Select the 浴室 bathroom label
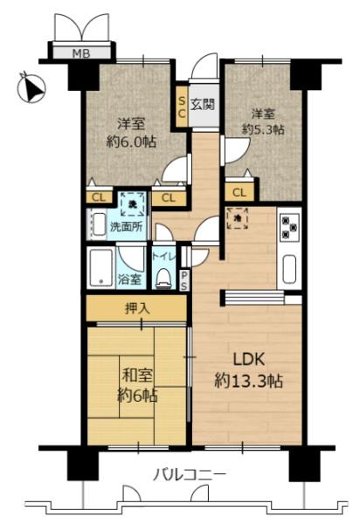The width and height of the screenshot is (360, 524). click(129, 280)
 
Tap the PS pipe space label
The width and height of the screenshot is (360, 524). click(184, 280)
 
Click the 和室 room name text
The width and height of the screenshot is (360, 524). click(135, 376)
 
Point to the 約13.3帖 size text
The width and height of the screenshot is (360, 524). click(248, 382)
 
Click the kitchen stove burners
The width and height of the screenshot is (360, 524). click(289, 228)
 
